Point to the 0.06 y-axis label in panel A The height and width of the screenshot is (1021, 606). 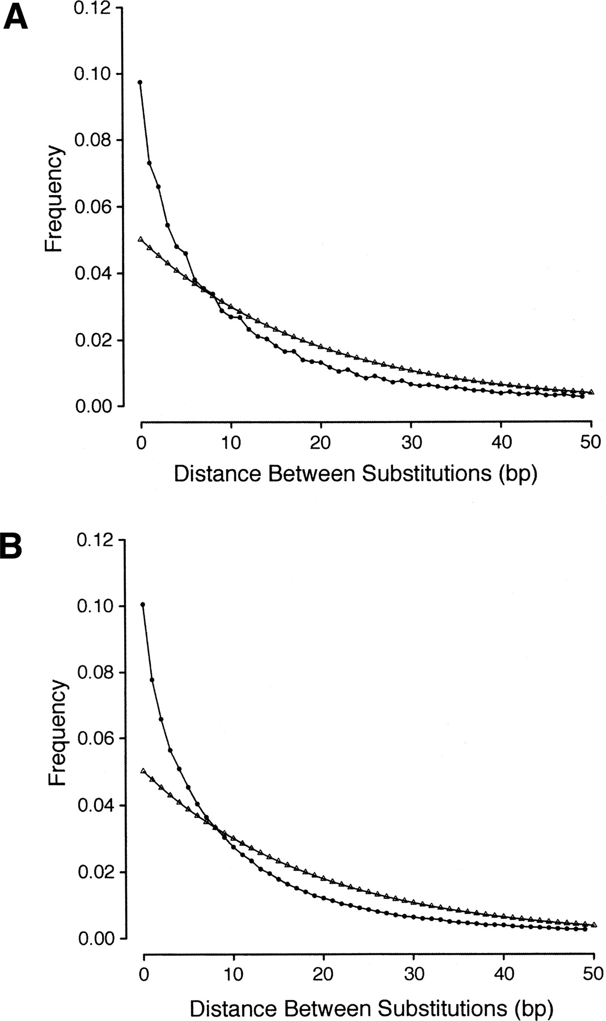click(x=94, y=207)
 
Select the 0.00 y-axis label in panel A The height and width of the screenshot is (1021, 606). click(x=94, y=406)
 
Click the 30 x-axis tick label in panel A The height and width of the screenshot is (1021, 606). click(x=411, y=442)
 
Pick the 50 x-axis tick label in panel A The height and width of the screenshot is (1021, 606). click(x=591, y=442)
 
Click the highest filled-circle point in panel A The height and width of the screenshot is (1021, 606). click(x=140, y=82)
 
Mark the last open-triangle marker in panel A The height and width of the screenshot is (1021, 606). click(x=591, y=392)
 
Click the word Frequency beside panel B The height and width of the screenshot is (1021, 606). click(x=57, y=732)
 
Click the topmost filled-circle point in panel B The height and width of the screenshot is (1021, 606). click(x=143, y=605)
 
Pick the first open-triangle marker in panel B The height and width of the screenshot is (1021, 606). click(x=143, y=771)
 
